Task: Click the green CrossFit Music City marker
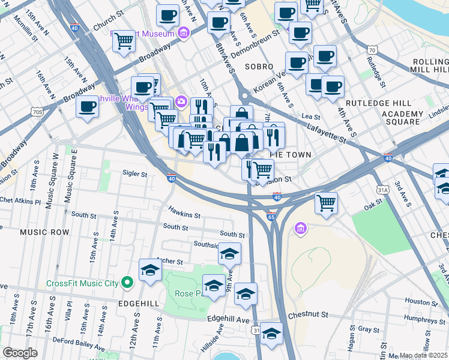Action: (127, 282)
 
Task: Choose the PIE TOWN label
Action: (290, 155)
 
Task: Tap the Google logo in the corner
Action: (20, 353)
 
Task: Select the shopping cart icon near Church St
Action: (124, 41)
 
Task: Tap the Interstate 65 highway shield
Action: (271, 217)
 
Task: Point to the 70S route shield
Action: (38, 112)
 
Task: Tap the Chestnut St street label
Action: (308, 314)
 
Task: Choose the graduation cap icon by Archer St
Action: (150, 270)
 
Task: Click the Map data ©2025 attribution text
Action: (423, 355)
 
